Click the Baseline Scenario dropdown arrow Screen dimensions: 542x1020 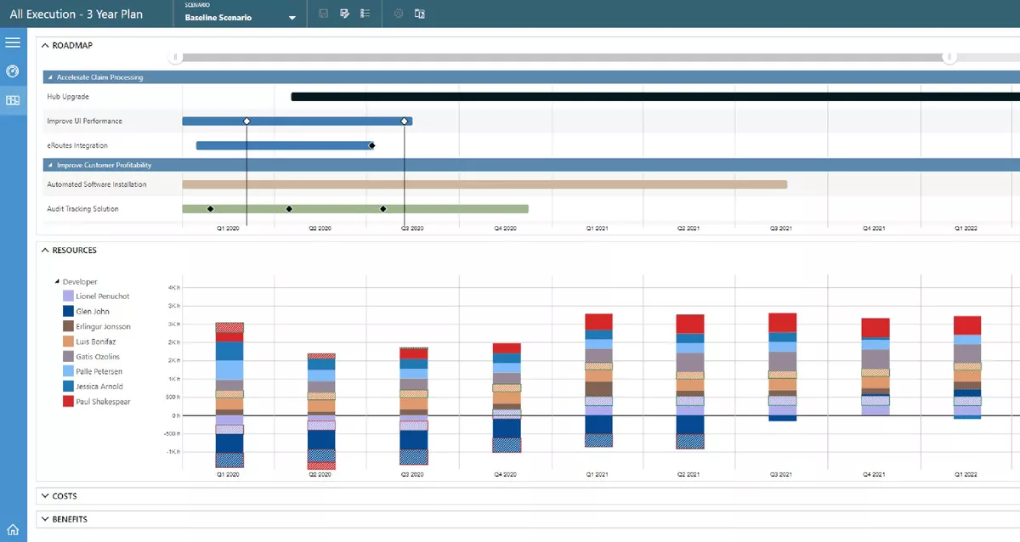[292, 18]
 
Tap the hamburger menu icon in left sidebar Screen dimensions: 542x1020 [13, 42]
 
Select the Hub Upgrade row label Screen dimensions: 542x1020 [68, 97]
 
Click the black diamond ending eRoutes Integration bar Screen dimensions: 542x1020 [372, 145]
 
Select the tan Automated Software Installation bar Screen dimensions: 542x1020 [484, 184]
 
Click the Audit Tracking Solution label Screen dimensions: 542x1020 [82, 209]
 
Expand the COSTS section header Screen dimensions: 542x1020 [65, 496]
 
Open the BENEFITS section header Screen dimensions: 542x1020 [70, 519]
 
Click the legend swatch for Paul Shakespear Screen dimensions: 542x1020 [68, 402]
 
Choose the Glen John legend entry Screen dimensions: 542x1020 [93, 312]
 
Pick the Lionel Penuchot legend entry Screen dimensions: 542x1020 [102, 296]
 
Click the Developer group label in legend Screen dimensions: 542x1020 [80, 282]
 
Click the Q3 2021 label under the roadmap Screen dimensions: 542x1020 [781, 229]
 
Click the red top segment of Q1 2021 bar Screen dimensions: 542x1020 [598, 321]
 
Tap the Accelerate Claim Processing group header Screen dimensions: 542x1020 [99, 77]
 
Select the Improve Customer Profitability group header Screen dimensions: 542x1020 [104, 165]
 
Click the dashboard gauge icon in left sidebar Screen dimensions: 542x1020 [13, 71]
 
